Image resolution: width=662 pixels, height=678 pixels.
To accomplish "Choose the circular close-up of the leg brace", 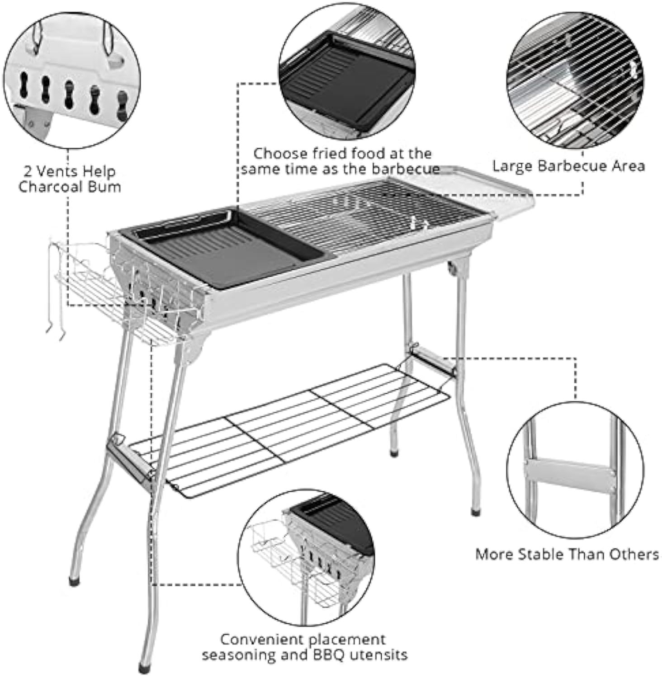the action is point(574,470).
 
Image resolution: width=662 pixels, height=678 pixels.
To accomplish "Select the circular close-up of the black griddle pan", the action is point(348,72).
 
